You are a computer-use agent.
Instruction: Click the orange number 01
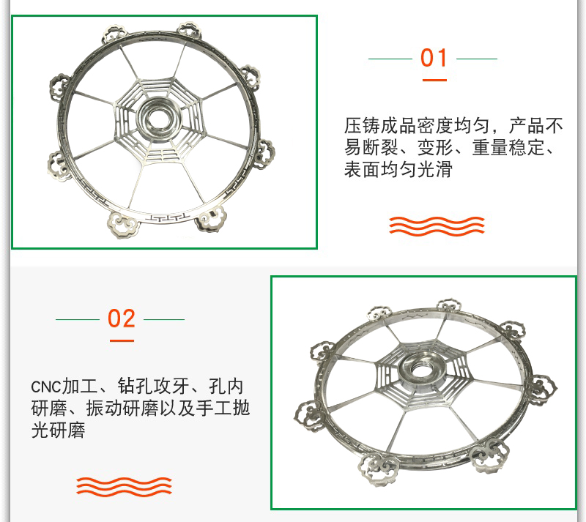pos(434,58)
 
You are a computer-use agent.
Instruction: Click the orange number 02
pos(121,318)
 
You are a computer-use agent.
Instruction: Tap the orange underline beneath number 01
pos(434,80)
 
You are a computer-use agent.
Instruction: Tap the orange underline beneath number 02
pos(122,340)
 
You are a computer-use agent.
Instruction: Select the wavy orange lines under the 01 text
pos(437,226)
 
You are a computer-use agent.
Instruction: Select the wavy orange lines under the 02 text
pos(124,487)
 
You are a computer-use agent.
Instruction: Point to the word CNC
pos(46,387)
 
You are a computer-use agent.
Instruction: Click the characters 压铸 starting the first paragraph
pos(362,125)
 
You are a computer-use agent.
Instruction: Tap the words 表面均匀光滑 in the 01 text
pos(398,169)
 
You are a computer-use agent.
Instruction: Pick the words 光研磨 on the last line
pos(59,430)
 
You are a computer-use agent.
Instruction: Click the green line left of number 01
pos(390,59)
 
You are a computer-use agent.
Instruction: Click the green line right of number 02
pos(164,319)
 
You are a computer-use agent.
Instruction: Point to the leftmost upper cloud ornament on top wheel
pos(60,87)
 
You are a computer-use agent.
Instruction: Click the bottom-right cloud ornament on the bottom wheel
pos(489,455)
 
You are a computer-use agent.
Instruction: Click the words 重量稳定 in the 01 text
pos(508,148)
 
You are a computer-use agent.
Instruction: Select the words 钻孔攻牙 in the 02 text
pos(154,387)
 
